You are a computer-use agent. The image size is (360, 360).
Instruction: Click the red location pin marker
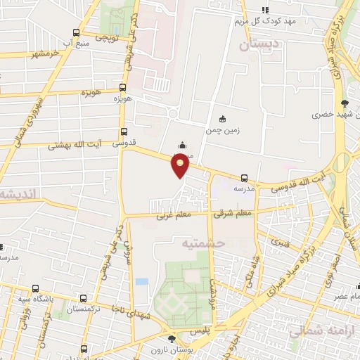[181, 164]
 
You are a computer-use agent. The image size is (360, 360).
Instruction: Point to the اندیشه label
[19, 194]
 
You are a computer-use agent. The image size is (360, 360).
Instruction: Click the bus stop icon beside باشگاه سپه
[36, 288]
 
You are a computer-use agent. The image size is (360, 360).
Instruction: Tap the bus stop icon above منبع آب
[76, 32]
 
